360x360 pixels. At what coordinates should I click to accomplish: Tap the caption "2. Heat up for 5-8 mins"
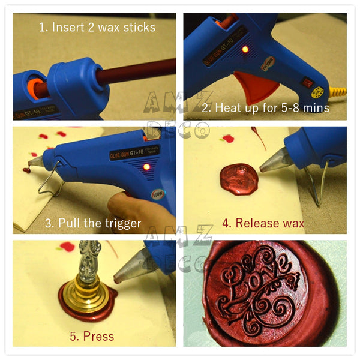point(265,109)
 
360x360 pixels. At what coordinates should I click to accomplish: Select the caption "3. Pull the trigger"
point(93,223)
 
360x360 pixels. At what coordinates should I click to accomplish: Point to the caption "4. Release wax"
point(263,223)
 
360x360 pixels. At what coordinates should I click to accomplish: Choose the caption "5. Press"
point(91,336)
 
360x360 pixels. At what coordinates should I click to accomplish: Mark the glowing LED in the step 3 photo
point(145,167)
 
